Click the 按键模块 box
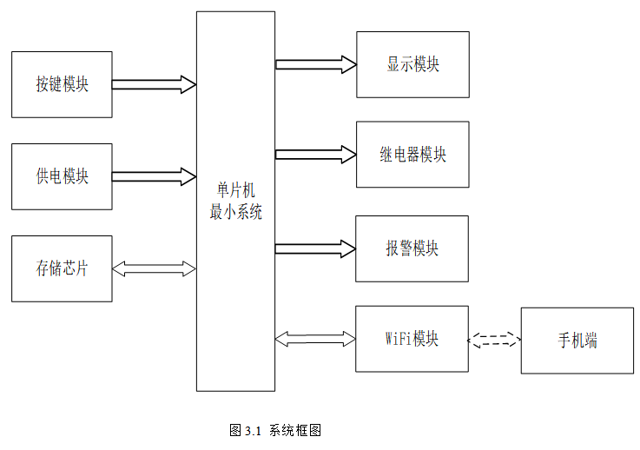[x=62, y=84]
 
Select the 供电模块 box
[x=62, y=176]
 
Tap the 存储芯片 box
[x=62, y=268]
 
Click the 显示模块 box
[x=412, y=64]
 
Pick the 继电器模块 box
[x=412, y=155]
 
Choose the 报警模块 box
[x=412, y=248]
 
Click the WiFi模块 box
[x=412, y=338]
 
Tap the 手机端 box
[x=577, y=341]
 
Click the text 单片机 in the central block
[x=235, y=191]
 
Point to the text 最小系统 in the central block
[x=235, y=211]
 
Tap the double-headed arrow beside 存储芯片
[x=154, y=269]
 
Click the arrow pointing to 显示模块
[x=315, y=63]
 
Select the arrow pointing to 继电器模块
[x=315, y=155]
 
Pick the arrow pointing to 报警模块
[x=315, y=248]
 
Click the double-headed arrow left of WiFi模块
[x=315, y=337]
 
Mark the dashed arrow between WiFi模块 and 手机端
[x=494, y=341]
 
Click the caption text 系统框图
[x=295, y=430]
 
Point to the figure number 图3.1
[x=246, y=430]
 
